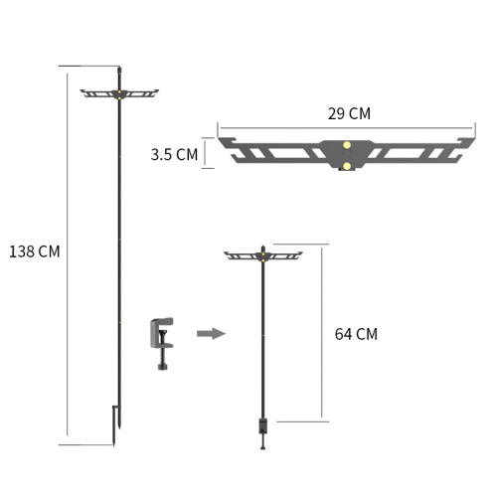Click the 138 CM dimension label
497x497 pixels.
tap(35, 251)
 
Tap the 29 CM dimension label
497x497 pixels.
tap(349, 113)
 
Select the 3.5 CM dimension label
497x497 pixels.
tap(174, 154)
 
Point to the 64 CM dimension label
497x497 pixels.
tap(356, 334)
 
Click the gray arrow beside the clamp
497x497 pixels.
tap(212, 333)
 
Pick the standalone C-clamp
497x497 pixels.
tap(162, 344)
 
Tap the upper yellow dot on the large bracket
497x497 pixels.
tap(347, 145)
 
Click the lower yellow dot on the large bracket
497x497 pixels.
tap(347, 166)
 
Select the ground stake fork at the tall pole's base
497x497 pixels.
tap(116, 425)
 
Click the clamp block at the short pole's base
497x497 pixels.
tap(263, 426)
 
